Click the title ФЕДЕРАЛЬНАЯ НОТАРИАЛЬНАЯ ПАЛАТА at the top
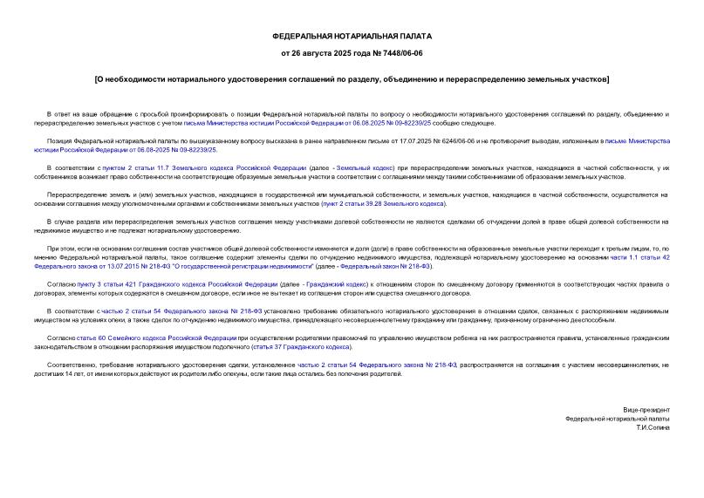click(352, 37)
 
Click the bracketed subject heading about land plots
click(352, 80)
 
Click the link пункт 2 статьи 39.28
click(385, 203)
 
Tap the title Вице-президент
click(646, 409)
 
